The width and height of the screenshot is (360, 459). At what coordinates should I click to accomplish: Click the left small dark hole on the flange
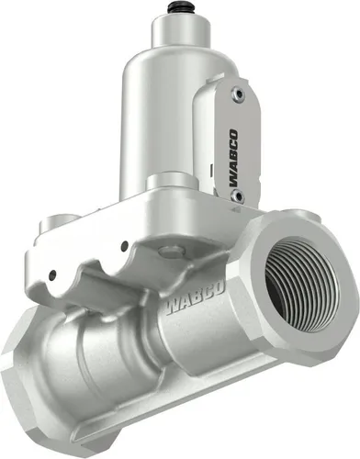(53, 274)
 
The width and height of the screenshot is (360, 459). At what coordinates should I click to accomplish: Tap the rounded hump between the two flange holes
(92, 266)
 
